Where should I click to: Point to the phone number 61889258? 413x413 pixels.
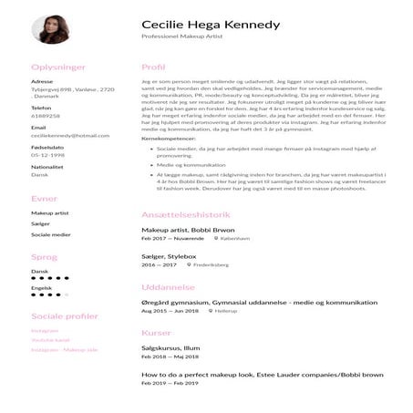coord(45,117)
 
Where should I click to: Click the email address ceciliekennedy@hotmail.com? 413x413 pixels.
coord(70,135)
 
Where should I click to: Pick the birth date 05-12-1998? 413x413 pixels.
coord(46,154)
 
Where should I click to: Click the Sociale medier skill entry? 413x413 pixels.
coord(51,234)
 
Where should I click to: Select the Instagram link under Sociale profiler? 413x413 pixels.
coord(45,330)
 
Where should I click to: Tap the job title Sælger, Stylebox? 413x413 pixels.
coord(169,258)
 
